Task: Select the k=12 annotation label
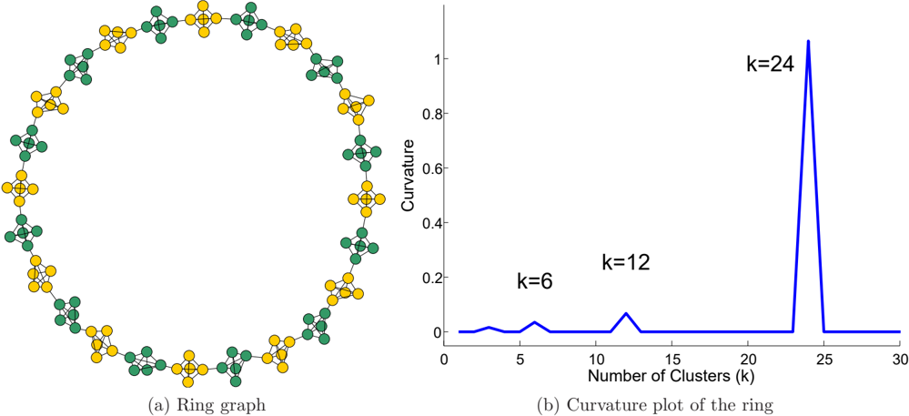(626, 263)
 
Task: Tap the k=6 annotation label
(534, 281)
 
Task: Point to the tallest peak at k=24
(808, 41)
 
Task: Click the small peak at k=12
(625, 313)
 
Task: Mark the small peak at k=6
(534, 322)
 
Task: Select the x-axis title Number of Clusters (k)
(672, 376)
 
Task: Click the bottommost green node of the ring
(236, 381)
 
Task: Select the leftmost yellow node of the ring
(7, 188)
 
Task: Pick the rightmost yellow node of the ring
(379, 199)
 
